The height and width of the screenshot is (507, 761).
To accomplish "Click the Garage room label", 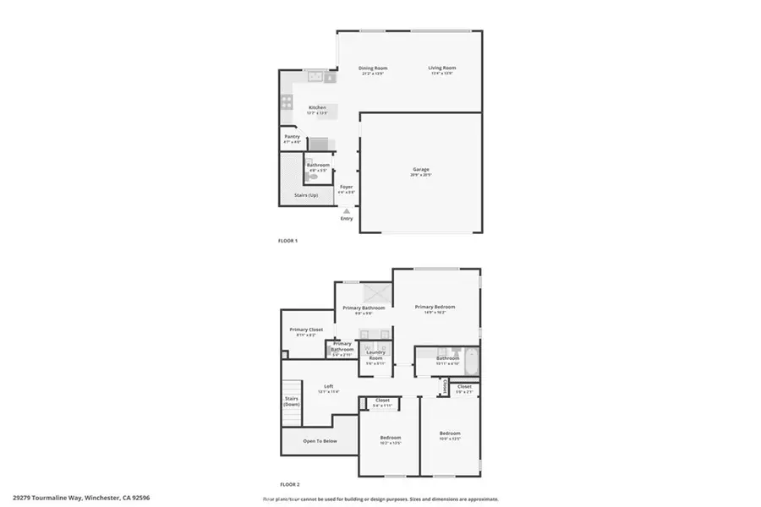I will pyautogui.click(x=420, y=170).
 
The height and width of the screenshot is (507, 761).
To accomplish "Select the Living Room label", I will pyautogui.click(x=441, y=68).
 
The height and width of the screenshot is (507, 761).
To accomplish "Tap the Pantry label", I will pyautogui.click(x=292, y=137).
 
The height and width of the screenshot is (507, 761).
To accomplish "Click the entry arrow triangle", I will pyautogui.click(x=346, y=210).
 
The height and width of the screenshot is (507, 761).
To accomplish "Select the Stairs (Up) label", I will pyautogui.click(x=305, y=195).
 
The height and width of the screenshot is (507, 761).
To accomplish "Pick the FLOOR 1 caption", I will pyautogui.click(x=287, y=241).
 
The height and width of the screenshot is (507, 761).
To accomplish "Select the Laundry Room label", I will pyautogui.click(x=375, y=355).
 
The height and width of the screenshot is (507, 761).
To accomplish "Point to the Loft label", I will pyautogui.click(x=328, y=386).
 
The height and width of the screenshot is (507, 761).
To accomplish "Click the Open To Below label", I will pyautogui.click(x=320, y=440).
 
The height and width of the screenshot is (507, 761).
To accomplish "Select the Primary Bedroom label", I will pyautogui.click(x=435, y=307).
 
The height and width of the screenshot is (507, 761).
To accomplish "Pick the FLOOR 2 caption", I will pyautogui.click(x=289, y=484).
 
